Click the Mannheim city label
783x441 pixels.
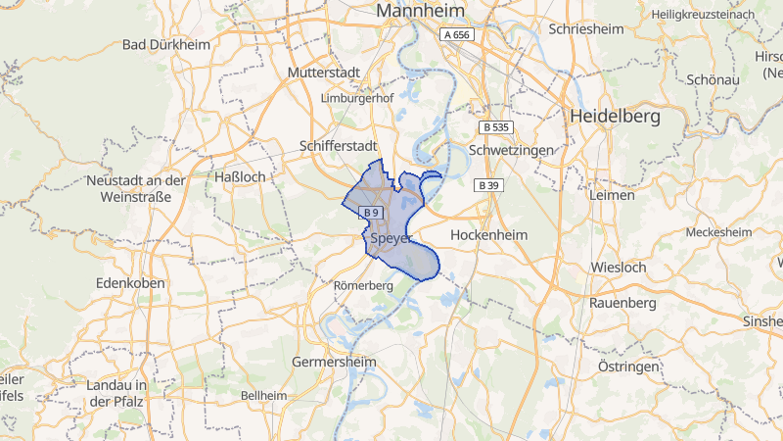(420, 12)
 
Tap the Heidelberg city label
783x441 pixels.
(614, 116)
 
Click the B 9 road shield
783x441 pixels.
(369, 213)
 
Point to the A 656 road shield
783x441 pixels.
(457, 34)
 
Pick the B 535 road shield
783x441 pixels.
(495, 127)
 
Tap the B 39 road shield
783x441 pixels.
(487, 185)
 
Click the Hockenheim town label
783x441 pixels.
(488, 235)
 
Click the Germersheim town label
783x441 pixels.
(335, 362)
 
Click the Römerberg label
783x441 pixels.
(363, 285)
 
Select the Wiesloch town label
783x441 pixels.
(618, 267)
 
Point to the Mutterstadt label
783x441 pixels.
(325, 73)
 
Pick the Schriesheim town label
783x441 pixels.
(586, 29)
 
